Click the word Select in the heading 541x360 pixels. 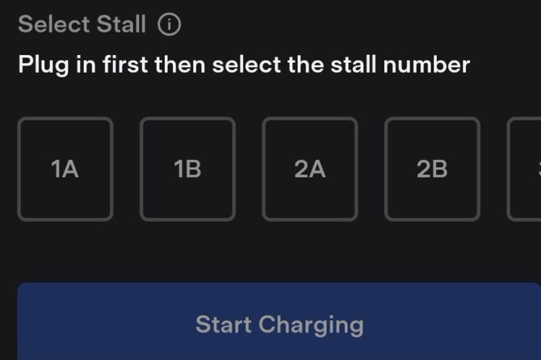click(54, 25)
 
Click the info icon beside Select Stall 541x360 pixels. click(170, 25)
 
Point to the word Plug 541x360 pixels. click(44, 65)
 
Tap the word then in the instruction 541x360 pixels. click(181, 65)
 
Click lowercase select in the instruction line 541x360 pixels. click(247, 65)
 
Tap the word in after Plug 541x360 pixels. click(85, 65)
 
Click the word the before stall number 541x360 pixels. click(304, 65)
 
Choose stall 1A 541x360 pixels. click(65, 169)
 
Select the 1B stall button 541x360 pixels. click(187, 169)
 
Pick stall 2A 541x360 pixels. click(310, 169)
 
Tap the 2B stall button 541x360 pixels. click(432, 169)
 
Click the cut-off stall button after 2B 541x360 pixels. click(526, 169)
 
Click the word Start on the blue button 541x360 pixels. click(224, 324)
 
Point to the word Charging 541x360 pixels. click(311, 325)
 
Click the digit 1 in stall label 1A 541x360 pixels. click(56, 169)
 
